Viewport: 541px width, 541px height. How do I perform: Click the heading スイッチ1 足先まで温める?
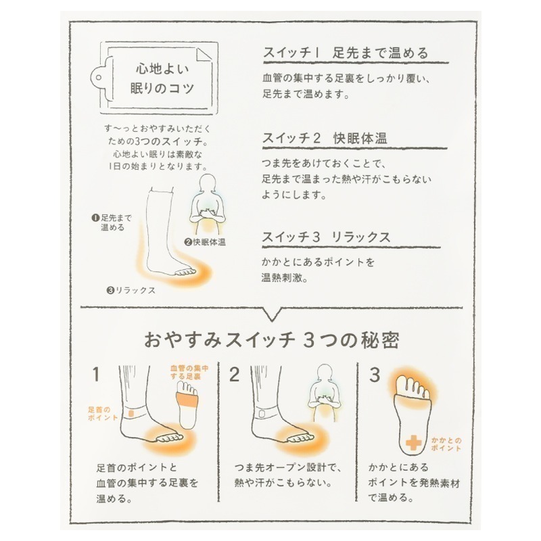tap(345, 53)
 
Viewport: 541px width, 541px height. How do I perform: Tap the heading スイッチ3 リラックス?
tap(326, 238)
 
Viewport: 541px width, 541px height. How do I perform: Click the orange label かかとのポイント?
tap(446, 444)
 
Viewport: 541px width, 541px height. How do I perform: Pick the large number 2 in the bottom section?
tap(235, 374)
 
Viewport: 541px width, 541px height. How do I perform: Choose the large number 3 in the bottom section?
tap(374, 373)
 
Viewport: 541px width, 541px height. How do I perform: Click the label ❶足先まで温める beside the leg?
tap(112, 222)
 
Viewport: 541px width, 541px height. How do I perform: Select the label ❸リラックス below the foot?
tap(131, 290)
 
